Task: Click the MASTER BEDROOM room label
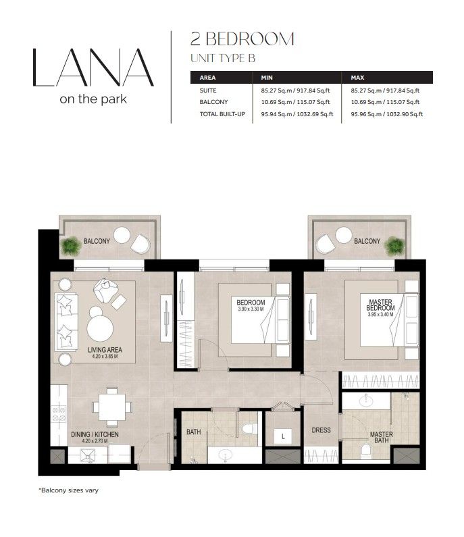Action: (x=380, y=305)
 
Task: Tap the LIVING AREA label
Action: (x=105, y=350)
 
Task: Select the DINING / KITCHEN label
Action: (x=95, y=434)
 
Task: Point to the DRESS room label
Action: (x=321, y=430)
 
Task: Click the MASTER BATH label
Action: (x=382, y=437)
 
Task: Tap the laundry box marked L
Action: (x=283, y=436)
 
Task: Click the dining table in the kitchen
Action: (x=112, y=407)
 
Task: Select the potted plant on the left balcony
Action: (x=70, y=246)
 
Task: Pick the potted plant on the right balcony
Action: (x=394, y=246)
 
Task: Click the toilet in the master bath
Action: (x=365, y=451)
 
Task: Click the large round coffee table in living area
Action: (x=100, y=328)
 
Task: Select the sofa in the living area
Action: (x=66, y=322)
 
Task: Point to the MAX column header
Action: (x=357, y=78)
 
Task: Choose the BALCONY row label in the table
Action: (x=213, y=102)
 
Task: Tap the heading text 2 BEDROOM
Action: (x=242, y=39)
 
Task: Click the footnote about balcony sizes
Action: (x=68, y=490)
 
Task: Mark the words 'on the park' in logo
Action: (x=93, y=99)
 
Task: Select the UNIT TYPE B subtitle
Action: (x=223, y=59)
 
